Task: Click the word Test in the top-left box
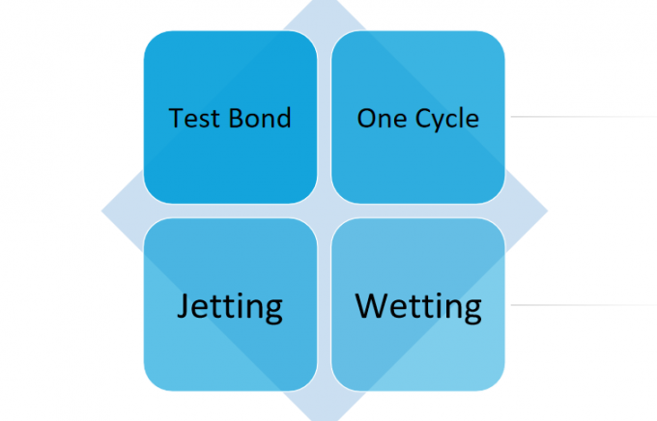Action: click(x=195, y=118)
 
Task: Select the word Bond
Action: click(x=260, y=117)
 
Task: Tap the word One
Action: click(x=382, y=118)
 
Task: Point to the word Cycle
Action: click(x=447, y=119)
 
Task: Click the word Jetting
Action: click(x=230, y=308)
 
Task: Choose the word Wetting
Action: click(x=418, y=308)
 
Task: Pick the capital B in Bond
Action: click(x=237, y=118)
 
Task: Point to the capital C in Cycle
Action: click(x=423, y=118)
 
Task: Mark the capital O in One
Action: click(x=366, y=118)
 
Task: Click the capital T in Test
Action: click(x=176, y=118)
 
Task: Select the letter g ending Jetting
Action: click(x=273, y=312)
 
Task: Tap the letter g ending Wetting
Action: click(x=472, y=312)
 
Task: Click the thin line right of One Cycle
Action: click(x=584, y=117)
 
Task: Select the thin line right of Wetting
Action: click(x=584, y=305)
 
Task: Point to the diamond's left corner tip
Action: click(x=101, y=210)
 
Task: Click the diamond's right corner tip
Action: click(x=547, y=210)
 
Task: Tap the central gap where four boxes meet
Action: click(x=325, y=210)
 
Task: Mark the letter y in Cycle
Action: click(x=442, y=123)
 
